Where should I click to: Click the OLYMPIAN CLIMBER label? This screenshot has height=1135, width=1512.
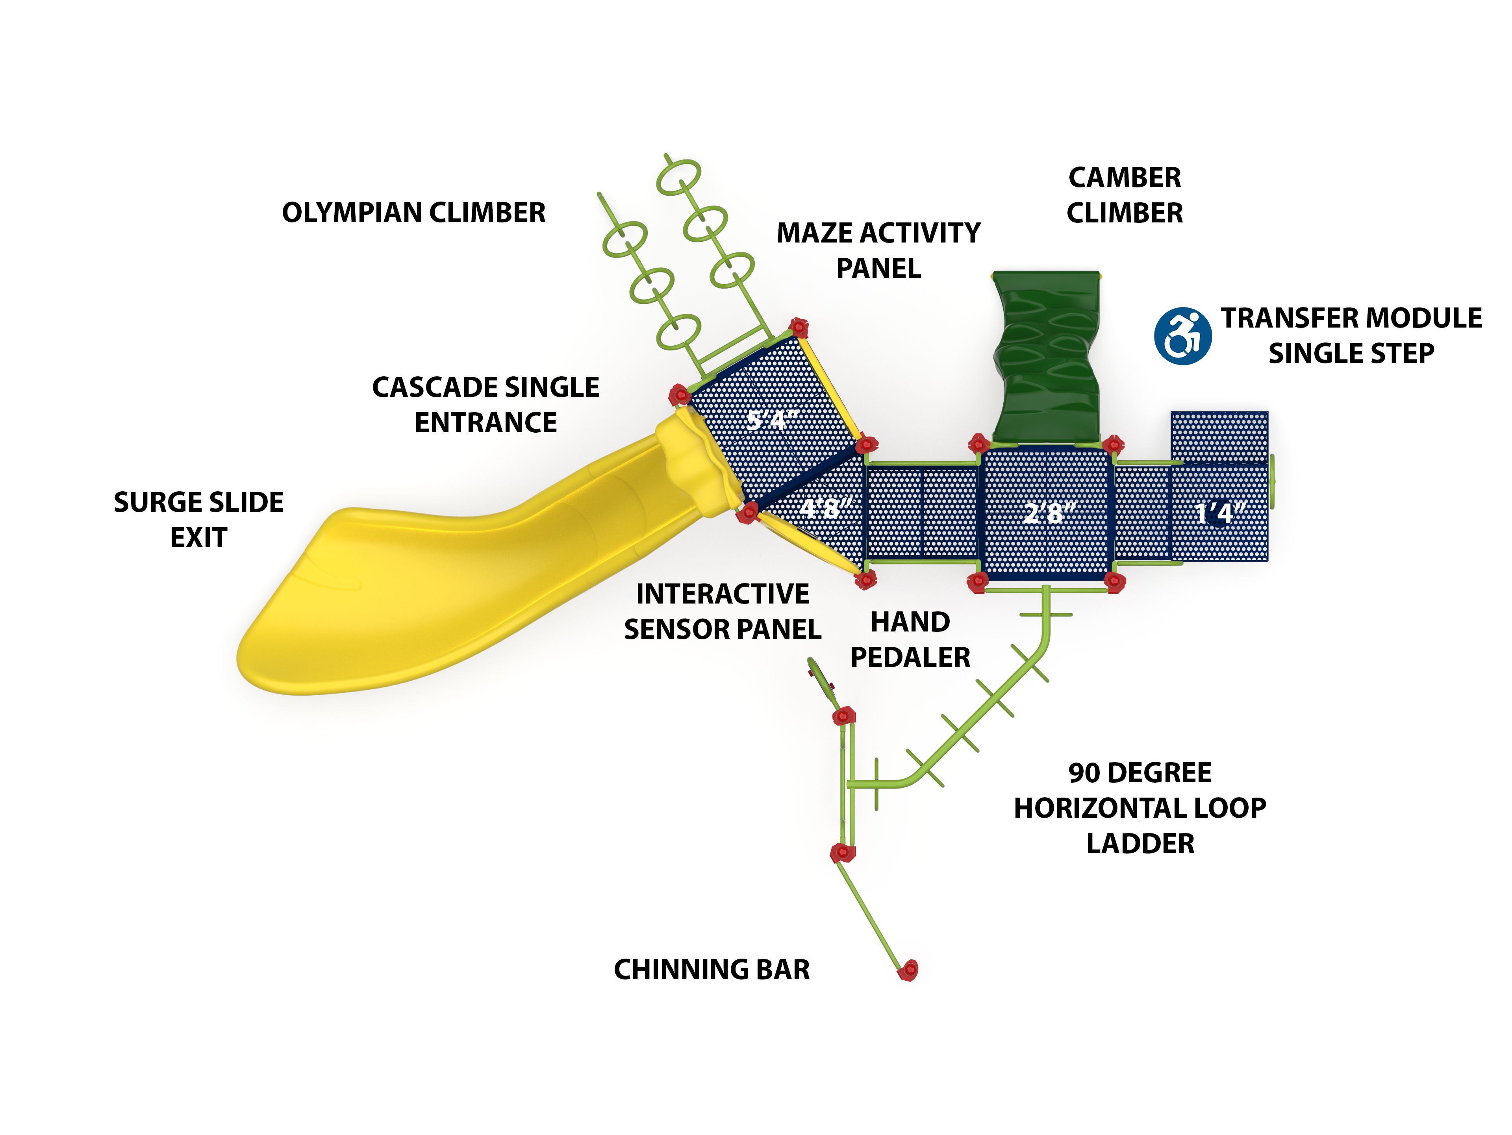pyautogui.click(x=413, y=213)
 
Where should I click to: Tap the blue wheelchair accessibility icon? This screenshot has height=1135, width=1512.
pyautogui.click(x=1182, y=335)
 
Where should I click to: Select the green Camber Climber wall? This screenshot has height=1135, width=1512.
pyautogui.click(x=1046, y=355)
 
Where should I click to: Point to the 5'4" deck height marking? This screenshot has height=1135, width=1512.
pyautogui.click(x=771, y=420)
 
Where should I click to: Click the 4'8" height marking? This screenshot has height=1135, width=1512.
pyautogui.click(x=826, y=508)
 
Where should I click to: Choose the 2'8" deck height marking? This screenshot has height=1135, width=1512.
pyautogui.click(x=1049, y=513)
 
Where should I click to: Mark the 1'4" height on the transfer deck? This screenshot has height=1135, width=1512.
pyautogui.click(x=1220, y=513)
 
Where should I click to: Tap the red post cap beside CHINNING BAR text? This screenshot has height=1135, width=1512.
pyautogui.click(x=908, y=970)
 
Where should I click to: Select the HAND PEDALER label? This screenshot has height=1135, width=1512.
pyautogui.click(x=910, y=640)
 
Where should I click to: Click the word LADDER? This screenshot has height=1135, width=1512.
pyautogui.click(x=1140, y=843)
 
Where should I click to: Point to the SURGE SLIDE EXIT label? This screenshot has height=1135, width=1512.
pyautogui.click(x=198, y=519)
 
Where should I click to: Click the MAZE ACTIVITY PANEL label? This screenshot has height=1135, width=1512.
pyautogui.click(x=878, y=250)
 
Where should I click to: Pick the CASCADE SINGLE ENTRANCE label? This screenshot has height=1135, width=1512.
pyautogui.click(x=485, y=405)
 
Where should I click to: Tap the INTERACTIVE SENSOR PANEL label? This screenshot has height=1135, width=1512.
pyautogui.click(x=723, y=611)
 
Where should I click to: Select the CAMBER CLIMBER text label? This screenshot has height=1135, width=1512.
pyautogui.click(x=1125, y=195)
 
